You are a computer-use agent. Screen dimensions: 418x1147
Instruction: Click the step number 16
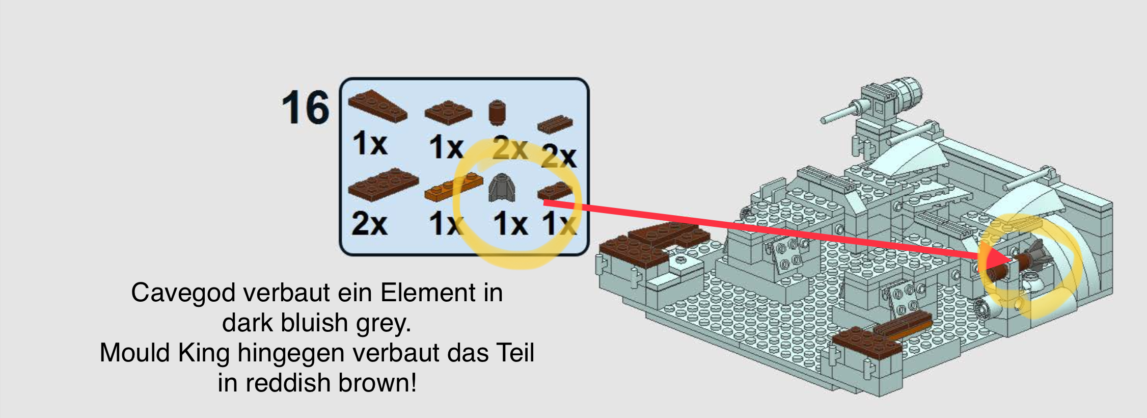tap(306, 108)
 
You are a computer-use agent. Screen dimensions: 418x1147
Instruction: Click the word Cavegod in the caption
tap(183, 294)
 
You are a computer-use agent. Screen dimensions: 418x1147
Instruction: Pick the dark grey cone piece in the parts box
tap(502, 188)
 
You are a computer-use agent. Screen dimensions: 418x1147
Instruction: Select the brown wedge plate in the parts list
tap(377, 106)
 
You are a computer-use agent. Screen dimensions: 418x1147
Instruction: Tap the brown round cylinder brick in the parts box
tap(497, 113)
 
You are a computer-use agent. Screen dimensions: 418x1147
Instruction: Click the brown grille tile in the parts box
tap(555, 124)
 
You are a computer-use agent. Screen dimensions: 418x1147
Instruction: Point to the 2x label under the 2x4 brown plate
tap(369, 224)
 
